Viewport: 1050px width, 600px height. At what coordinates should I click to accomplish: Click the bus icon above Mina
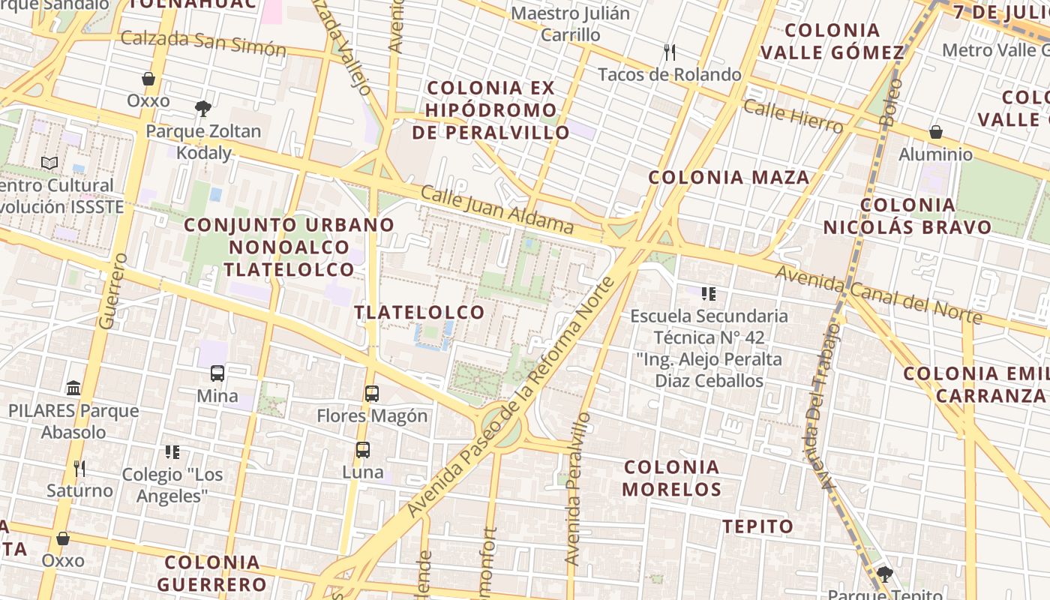coord(217,373)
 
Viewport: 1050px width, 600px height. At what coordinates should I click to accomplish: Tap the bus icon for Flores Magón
coord(372,393)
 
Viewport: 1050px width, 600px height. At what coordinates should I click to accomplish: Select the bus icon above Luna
coord(363,450)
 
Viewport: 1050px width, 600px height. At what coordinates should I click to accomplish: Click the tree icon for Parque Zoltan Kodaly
coord(202,109)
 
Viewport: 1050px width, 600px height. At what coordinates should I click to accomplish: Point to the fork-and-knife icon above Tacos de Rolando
coord(670,52)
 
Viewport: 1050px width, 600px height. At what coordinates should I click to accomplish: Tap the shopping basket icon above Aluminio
coord(936,133)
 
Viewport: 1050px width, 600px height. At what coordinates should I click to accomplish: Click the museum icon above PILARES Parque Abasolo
coord(73,388)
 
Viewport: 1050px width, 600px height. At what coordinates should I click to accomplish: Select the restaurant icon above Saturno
coord(79,469)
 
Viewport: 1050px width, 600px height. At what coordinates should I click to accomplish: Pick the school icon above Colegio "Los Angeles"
coord(172,452)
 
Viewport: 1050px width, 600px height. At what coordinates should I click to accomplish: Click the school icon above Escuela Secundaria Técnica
coord(708,293)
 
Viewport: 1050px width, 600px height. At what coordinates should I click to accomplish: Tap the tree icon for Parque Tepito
coord(885,574)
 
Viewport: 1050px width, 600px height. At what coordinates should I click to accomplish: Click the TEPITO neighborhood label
coord(757,526)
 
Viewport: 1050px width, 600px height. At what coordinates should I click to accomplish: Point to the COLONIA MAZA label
coord(728,178)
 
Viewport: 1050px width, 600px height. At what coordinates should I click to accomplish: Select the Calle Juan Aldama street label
coord(497,210)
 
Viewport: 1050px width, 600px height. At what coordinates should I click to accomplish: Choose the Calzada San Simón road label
coord(203,43)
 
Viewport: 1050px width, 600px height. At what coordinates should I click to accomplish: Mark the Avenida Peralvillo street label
coord(574,489)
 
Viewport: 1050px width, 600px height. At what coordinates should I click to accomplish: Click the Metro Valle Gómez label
coord(995,50)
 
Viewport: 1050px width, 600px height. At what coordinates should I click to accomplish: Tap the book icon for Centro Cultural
coord(49,163)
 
